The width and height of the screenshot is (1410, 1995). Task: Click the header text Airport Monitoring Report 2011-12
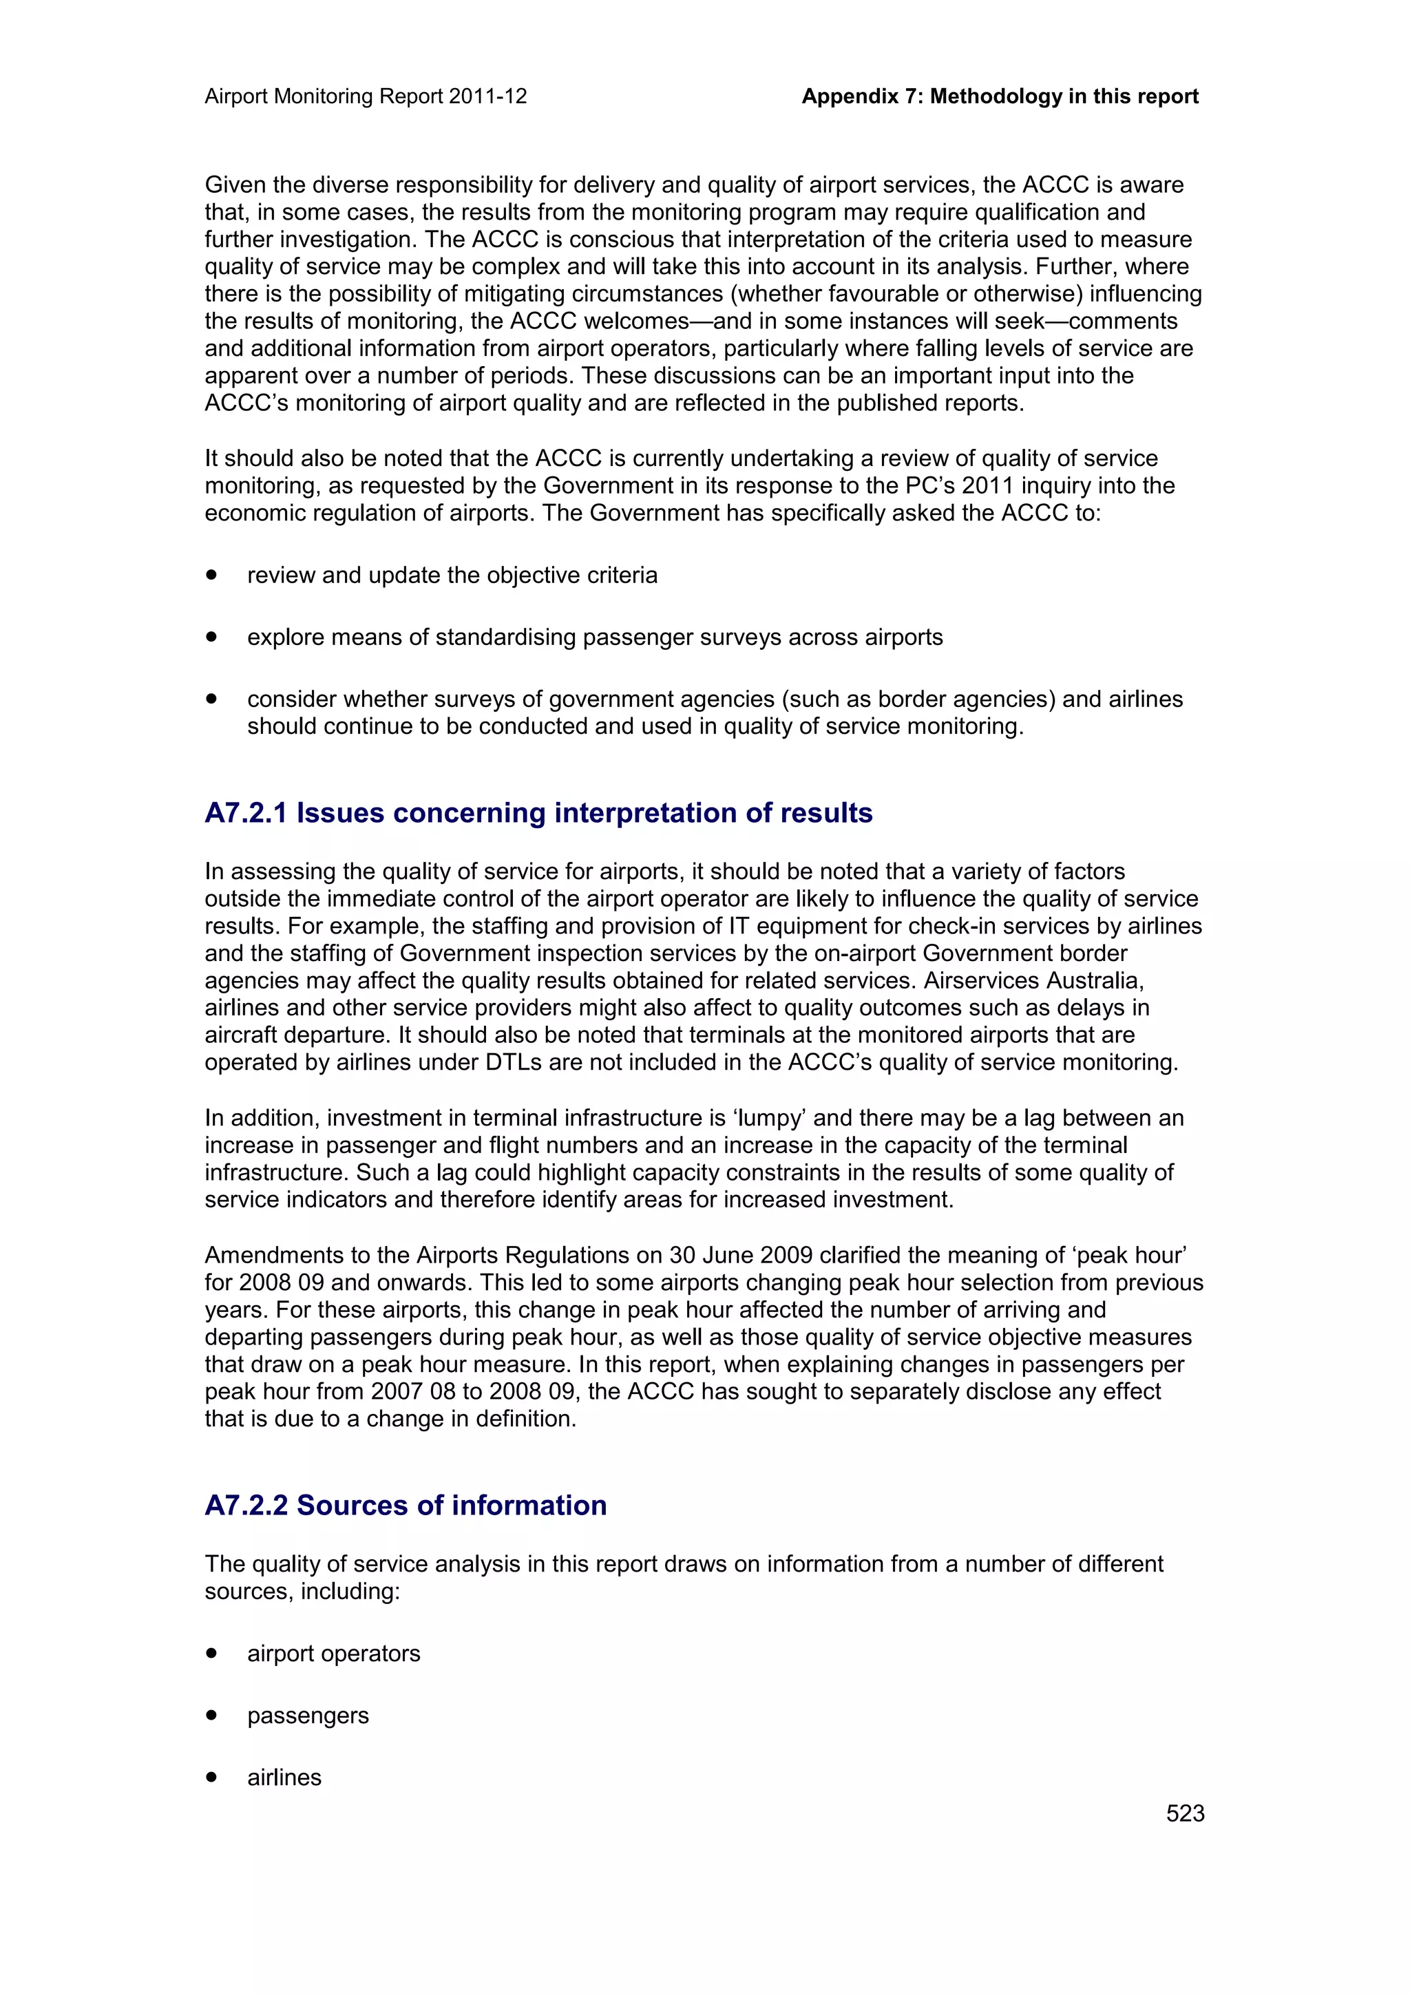(366, 96)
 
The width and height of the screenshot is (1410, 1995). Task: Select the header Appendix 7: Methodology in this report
(999, 96)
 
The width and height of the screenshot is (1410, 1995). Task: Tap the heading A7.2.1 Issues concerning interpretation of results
(538, 812)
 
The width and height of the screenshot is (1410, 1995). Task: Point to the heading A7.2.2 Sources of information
(406, 1505)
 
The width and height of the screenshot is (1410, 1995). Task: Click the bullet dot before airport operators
(211, 1653)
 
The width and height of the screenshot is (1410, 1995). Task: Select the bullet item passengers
(308, 1716)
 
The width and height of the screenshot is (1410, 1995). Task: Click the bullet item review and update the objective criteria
(452, 576)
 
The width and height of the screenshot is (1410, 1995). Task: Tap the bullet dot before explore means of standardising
(211, 637)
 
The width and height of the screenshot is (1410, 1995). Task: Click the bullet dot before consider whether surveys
(211, 699)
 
